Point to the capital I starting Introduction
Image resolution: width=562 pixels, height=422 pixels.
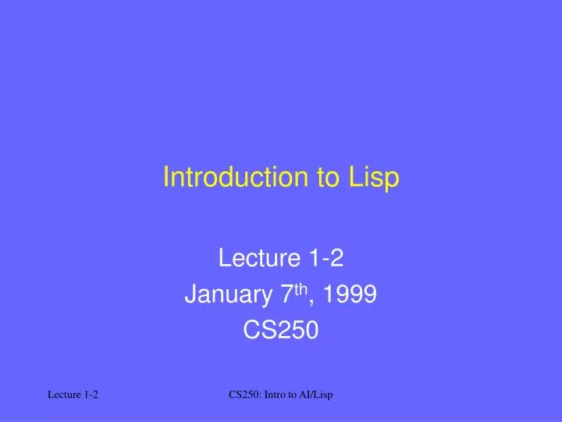point(166,178)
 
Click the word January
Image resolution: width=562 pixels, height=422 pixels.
point(223,295)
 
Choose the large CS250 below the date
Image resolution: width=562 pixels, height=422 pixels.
point(281,331)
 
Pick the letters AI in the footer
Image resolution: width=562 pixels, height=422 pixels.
point(308,396)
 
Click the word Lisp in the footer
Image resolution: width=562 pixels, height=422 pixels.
point(325,396)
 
